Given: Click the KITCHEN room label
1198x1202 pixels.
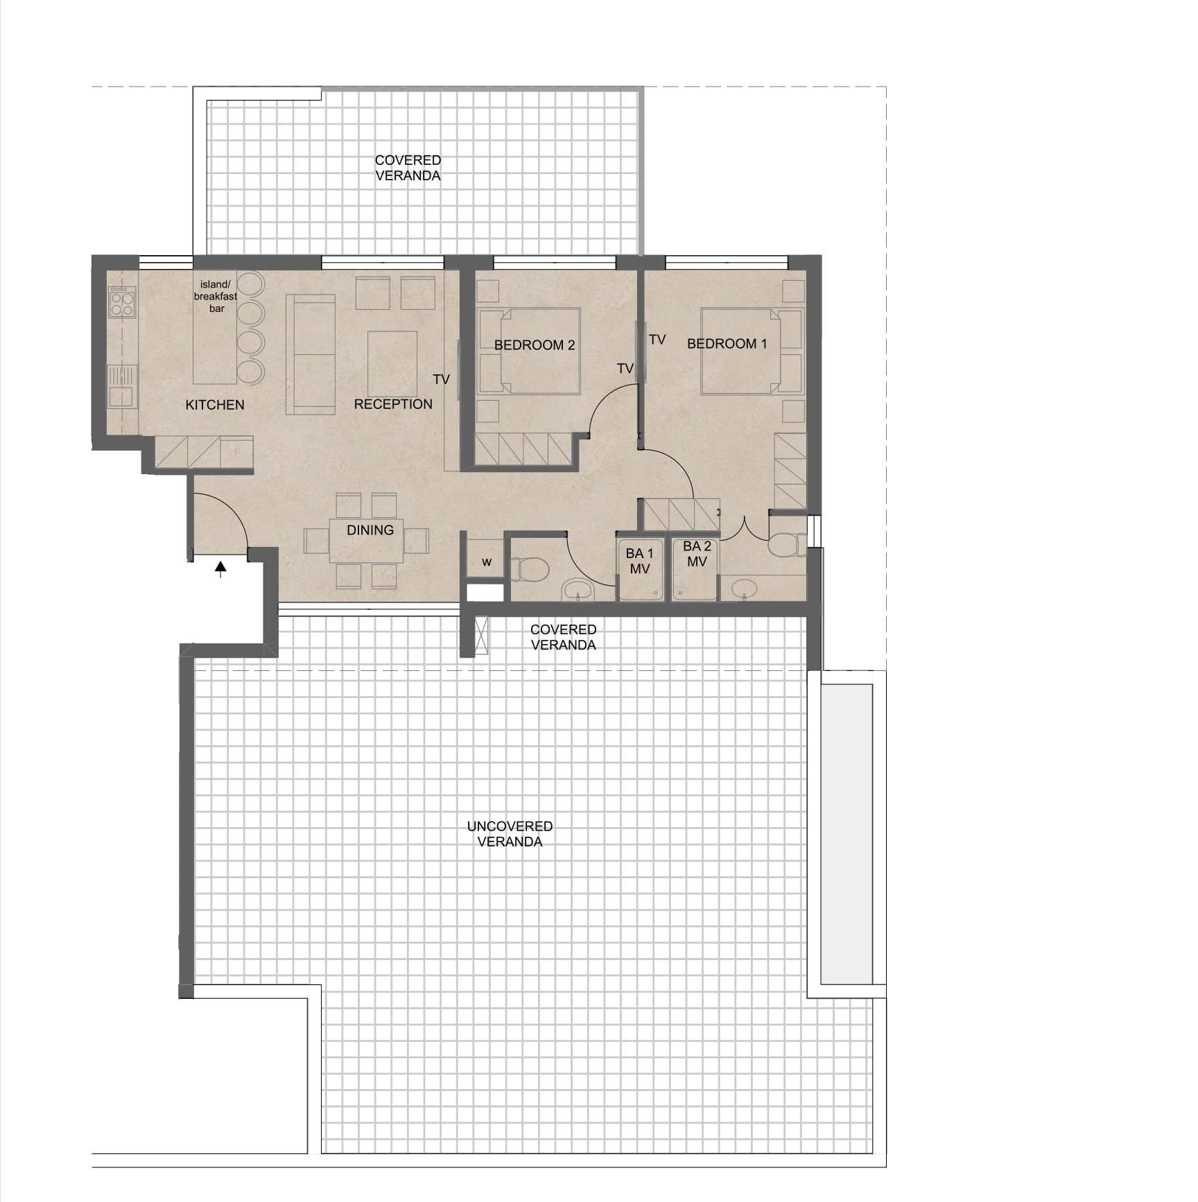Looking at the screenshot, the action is [x=215, y=405].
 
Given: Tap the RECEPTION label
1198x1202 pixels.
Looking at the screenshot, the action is [x=393, y=404].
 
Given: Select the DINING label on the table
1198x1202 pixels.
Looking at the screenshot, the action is [x=370, y=530].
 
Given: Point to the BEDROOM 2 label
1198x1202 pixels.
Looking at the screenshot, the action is [x=535, y=345].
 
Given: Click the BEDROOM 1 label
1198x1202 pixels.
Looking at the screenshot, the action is [x=727, y=344].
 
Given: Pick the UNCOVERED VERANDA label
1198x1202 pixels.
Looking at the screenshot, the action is [x=510, y=834].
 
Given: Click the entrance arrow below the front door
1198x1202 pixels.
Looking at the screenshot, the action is [x=220, y=569].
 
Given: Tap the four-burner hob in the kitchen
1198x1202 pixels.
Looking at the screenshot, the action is [x=122, y=302].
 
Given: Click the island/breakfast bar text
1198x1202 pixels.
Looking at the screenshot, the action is [x=216, y=296].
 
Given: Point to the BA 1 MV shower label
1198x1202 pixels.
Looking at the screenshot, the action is [x=639, y=561].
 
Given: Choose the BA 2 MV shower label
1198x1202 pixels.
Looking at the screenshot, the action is [x=697, y=554].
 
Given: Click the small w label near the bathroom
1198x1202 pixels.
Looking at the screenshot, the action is [x=487, y=561].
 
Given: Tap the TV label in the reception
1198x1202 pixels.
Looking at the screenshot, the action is [x=442, y=380].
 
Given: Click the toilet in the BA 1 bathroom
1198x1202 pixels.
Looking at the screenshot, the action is [x=530, y=570].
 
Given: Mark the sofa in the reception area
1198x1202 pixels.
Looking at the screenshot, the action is [x=311, y=354].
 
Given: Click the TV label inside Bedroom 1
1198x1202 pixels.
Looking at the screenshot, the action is [x=657, y=340].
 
